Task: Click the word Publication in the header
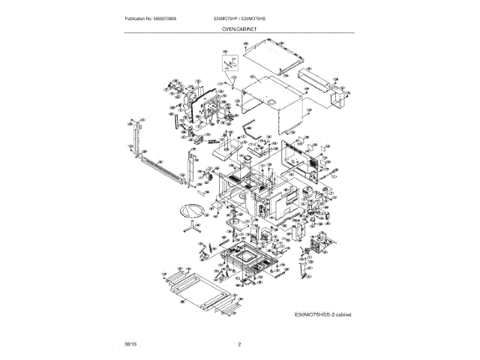tap(135, 18)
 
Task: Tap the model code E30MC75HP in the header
tap(218, 18)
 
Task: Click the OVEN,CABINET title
tap(240, 29)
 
